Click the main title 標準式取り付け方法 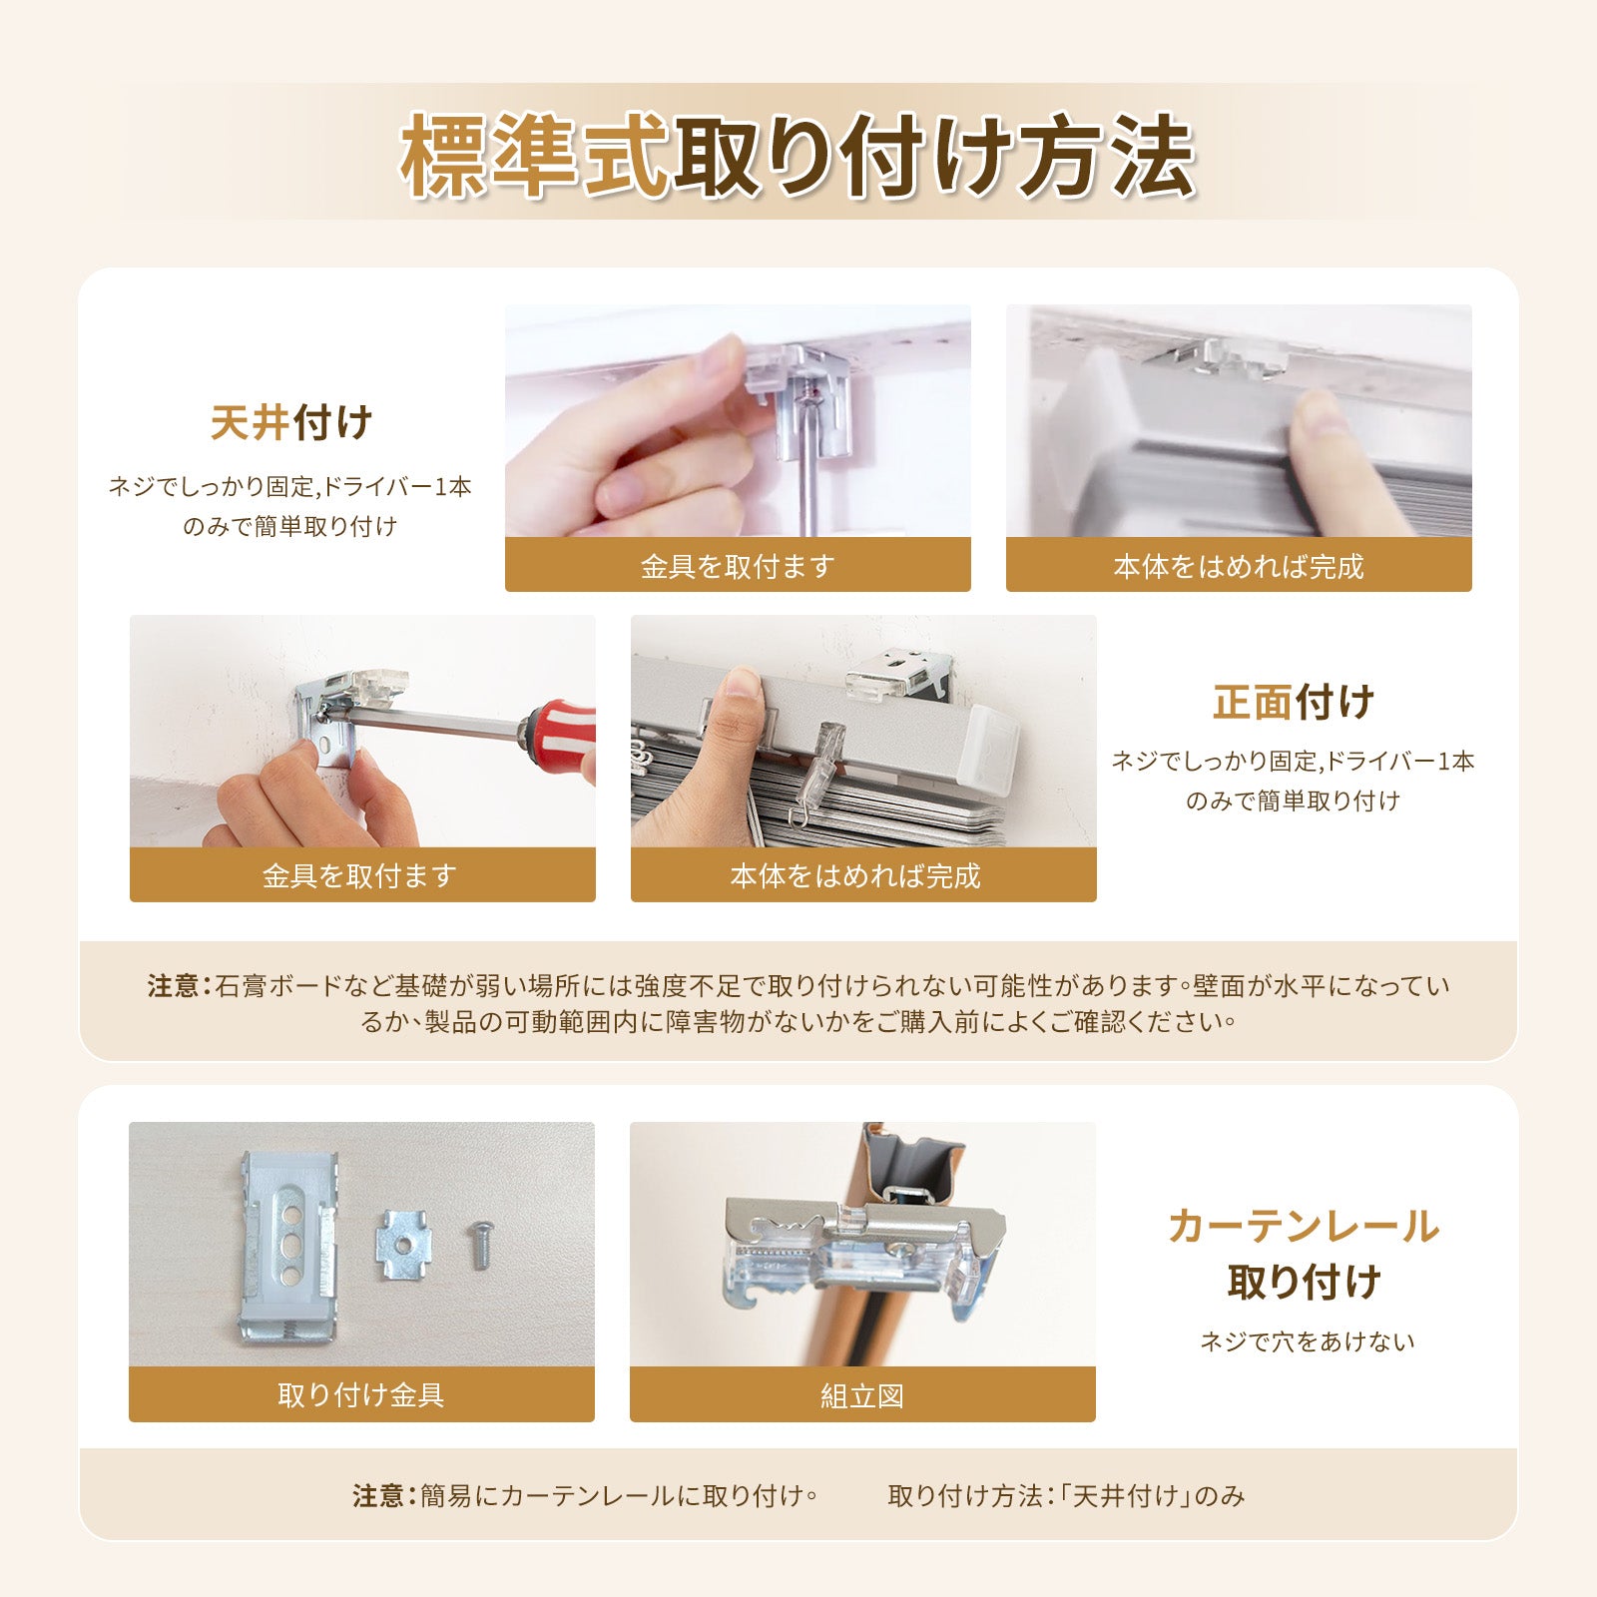pyautogui.click(x=798, y=156)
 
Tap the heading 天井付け pyautogui.click(x=291, y=422)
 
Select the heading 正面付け pyautogui.click(x=1294, y=702)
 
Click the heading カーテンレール pyautogui.click(x=1304, y=1226)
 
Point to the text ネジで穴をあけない pyautogui.click(x=1308, y=1341)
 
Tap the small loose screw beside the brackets pyautogui.click(x=479, y=1247)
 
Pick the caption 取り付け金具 pyautogui.click(x=361, y=1394)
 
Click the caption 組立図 pyautogui.click(x=862, y=1395)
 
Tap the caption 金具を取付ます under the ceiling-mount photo pyautogui.click(x=738, y=566)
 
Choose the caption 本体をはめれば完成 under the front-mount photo pyautogui.click(x=855, y=875)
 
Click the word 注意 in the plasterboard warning pyautogui.click(x=174, y=986)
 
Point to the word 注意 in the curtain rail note pyautogui.click(x=378, y=1495)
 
